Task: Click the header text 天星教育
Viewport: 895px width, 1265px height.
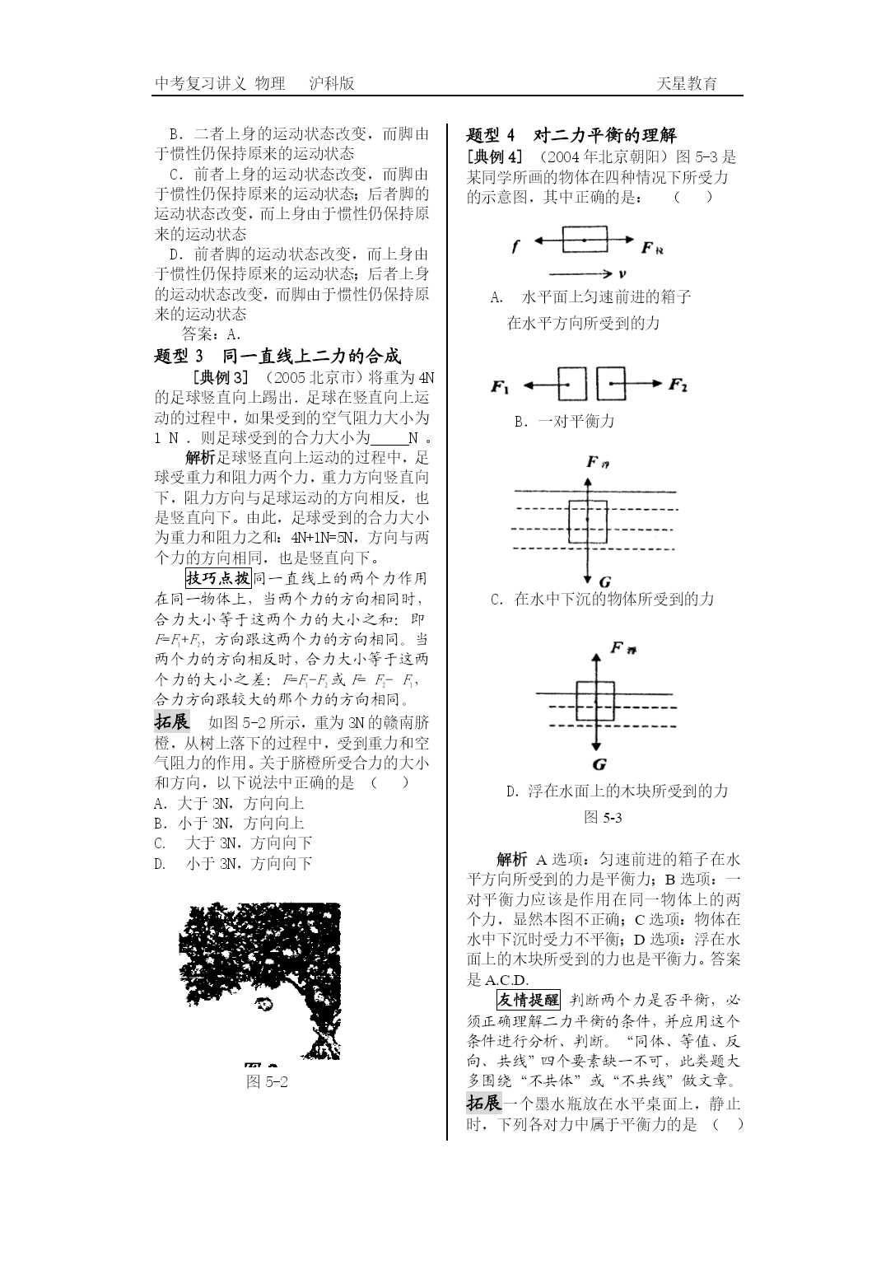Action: (687, 83)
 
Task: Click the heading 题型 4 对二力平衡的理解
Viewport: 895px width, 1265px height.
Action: (571, 135)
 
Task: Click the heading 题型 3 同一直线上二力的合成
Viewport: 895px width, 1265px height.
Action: (277, 356)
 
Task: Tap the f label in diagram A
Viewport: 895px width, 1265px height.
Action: (515, 245)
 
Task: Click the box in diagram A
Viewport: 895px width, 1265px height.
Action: (585, 240)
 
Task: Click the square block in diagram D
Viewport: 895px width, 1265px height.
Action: (594, 701)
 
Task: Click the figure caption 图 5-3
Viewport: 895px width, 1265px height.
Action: (602, 817)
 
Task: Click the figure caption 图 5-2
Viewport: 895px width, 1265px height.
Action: (268, 1081)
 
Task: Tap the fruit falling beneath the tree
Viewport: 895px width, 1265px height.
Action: (263, 1002)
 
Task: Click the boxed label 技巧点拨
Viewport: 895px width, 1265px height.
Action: (218, 578)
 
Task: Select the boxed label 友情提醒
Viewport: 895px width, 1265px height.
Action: (528, 1000)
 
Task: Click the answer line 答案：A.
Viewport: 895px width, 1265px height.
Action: (211, 334)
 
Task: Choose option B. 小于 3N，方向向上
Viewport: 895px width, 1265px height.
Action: (229, 823)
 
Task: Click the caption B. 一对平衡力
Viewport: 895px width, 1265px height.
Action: (564, 421)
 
